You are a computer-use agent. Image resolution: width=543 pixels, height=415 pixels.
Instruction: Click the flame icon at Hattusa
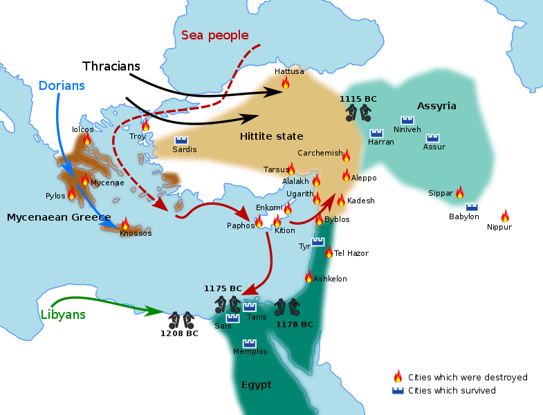pos(285,83)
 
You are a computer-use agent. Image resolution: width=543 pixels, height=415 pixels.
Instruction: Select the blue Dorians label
pos(62,86)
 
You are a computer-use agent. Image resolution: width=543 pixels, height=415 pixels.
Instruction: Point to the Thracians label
pos(111,66)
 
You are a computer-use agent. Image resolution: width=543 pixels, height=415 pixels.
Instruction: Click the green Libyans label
pos(62,314)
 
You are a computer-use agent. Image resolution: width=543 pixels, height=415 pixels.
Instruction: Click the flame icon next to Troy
pos(145,126)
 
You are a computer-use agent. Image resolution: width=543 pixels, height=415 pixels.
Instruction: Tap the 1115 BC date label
pos(358,99)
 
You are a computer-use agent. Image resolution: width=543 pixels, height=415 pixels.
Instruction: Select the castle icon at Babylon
pos(472,207)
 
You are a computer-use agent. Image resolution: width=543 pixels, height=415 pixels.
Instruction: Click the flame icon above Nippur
pos(505,216)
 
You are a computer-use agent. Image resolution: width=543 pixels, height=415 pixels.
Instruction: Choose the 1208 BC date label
pos(179,333)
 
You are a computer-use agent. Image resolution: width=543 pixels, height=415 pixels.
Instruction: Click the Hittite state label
pos(271,136)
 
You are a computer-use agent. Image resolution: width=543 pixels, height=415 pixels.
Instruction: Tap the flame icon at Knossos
pos(125,223)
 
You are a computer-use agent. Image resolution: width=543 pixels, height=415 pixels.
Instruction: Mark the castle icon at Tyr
pos(317,241)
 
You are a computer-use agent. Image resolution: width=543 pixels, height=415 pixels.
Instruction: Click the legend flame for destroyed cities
pos(398,377)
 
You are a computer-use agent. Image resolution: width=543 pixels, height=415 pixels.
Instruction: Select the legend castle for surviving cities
pos(398,391)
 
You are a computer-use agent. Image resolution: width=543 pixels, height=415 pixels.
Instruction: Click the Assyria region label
pos(436,106)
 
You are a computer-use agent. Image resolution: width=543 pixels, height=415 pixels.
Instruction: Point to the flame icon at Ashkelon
pos(309,277)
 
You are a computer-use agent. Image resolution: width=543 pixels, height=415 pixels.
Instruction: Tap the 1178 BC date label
pos(294,324)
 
